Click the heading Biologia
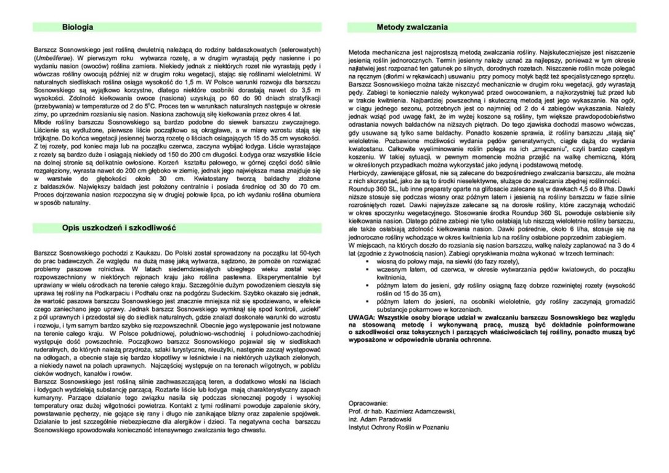coord(78,28)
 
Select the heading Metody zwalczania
coord(412,28)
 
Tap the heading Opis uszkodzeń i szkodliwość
coord(120,228)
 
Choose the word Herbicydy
coord(365,174)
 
